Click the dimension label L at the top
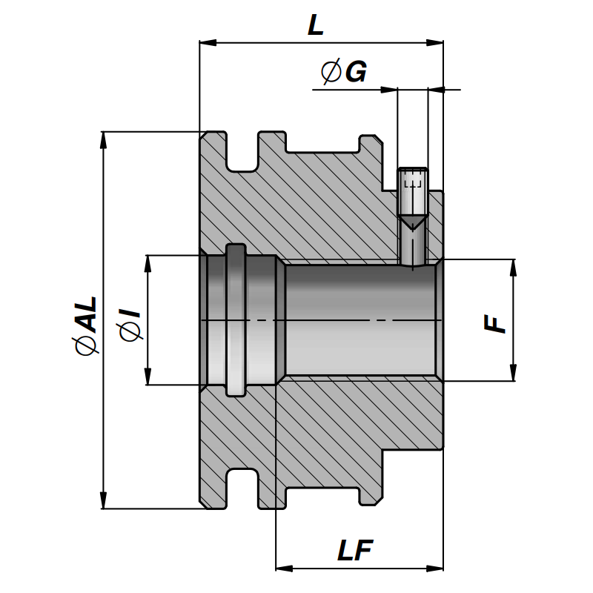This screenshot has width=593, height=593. pos(317,27)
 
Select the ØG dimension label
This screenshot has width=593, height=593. pos(343,72)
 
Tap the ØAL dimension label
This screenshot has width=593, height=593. pos(86,325)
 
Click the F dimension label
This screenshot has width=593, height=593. pos(495,323)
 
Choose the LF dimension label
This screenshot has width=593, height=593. pos(355,551)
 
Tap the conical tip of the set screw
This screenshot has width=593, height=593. pos(413,221)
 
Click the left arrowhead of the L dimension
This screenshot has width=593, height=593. pos(208,43)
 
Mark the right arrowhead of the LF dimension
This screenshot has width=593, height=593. pos(436,569)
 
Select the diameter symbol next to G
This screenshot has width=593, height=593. pos(331,72)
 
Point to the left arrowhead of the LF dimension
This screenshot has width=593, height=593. pos(283,569)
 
